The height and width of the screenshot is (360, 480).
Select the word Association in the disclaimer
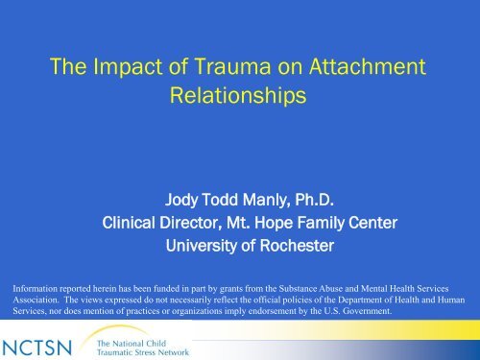(x=35, y=298)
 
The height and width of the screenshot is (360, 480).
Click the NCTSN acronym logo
(x=42, y=343)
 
